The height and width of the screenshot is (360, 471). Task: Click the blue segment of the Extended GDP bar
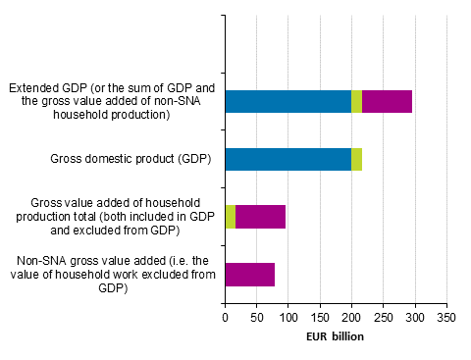(288, 101)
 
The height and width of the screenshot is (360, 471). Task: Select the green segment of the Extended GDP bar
(356, 101)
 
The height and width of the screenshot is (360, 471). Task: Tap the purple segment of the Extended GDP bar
(387, 101)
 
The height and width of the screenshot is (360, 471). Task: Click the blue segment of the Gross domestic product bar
(288, 159)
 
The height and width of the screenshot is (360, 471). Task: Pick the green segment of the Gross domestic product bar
(356, 159)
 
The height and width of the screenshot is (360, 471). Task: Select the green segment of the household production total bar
(231, 217)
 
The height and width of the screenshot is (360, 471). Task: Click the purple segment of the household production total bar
(260, 217)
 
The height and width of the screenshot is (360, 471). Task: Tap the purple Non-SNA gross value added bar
(249, 275)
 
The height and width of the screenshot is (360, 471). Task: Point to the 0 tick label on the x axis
(225, 318)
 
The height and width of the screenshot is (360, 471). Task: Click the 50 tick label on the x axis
(256, 318)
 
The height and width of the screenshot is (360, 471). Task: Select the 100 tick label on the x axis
(288, 318)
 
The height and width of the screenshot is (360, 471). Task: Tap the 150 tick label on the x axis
(320, 318)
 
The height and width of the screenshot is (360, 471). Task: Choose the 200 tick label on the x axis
(352, 318)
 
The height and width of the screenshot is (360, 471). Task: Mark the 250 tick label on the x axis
(384, 318)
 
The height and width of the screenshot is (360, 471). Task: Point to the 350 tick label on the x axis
(447, 318)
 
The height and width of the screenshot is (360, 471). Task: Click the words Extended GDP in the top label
(45, 87)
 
